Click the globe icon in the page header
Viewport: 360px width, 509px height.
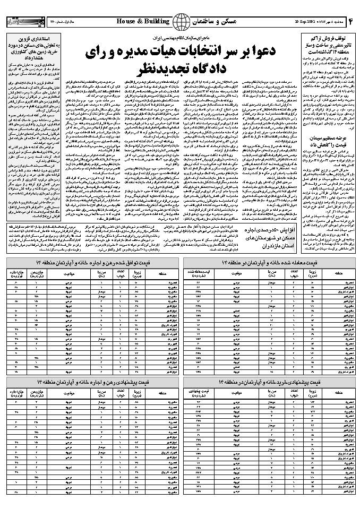[x=182, y=21]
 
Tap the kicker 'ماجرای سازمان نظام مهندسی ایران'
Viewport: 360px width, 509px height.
[x=180, y=39]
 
